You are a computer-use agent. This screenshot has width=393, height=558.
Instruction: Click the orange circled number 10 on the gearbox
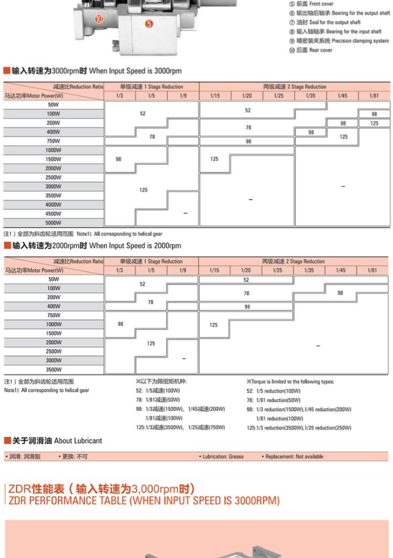[x=100, y=20]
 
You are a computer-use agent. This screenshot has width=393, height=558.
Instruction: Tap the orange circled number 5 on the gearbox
[x=149, y=24]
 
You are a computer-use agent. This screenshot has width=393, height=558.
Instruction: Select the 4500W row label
[x=53, y=214]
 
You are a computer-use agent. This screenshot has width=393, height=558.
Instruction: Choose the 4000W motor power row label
[x=53, y=204]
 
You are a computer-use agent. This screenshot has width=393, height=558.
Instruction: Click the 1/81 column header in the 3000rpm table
[x=374, y=96]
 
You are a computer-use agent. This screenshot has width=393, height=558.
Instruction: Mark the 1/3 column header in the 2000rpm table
[x=119, y=270]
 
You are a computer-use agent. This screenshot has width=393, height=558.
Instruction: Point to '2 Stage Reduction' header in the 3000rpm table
[x=294, y=86]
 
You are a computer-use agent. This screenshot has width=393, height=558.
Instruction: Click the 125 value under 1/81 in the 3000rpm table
[x=374, y=123]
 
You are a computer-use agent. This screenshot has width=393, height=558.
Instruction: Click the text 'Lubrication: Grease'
[x=223, y=456]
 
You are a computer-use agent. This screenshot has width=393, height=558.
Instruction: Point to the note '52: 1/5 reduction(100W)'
[x=273, y=391]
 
